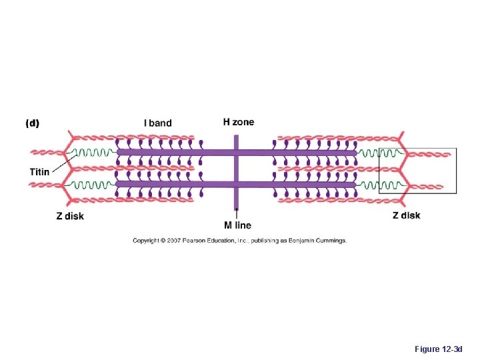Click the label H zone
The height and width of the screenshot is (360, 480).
(x=238, y=122)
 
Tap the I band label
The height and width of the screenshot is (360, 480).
(x=157, y=123)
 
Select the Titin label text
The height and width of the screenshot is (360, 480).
(x=39, y=172)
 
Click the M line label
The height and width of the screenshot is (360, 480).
(x=237, y=225)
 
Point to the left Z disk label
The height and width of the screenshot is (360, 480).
(x=70, y=216)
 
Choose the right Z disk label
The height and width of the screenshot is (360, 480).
(x=406, y=215)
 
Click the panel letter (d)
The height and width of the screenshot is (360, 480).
(x=32, y=123)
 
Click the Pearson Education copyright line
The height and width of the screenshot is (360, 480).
(x=239, y=241)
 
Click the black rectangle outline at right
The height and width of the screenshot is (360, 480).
(x=457, y=171)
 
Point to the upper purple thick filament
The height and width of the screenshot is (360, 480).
(x=173, y=153)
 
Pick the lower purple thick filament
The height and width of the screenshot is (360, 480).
(x=173, y=184)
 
